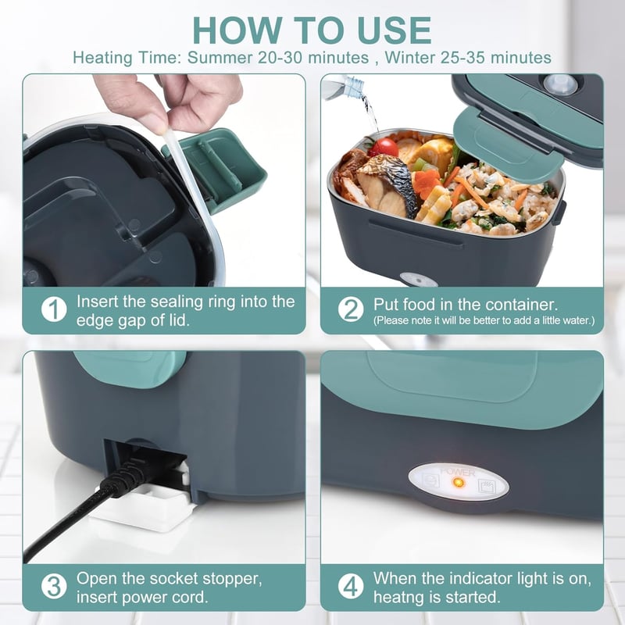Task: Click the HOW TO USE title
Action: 312,30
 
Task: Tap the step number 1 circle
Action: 54,309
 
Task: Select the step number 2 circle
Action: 351,309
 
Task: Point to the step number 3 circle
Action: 54,587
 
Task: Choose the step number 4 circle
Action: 351,587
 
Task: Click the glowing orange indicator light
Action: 459,483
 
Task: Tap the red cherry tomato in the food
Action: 384,148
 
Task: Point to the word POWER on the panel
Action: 458,473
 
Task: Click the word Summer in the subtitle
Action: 220,58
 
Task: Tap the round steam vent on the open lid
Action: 560,84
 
